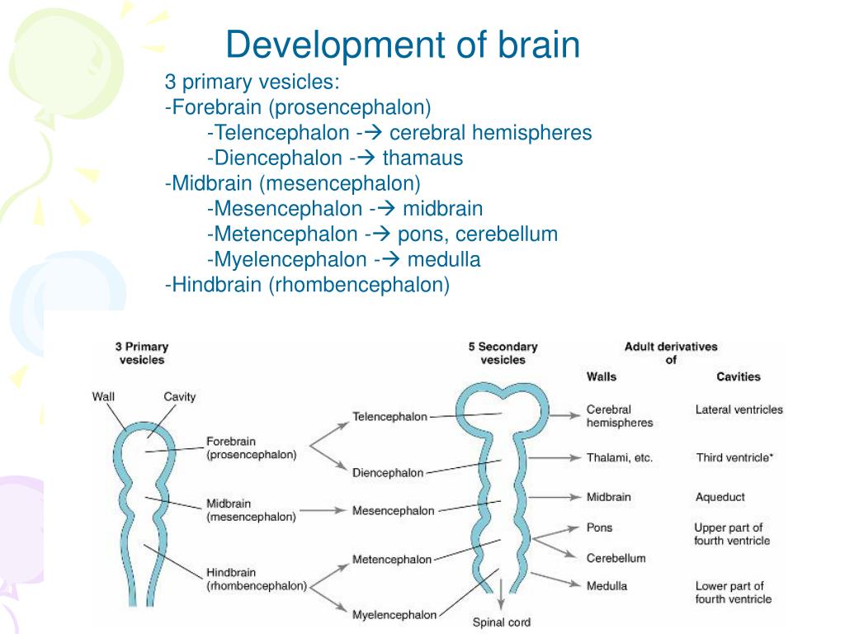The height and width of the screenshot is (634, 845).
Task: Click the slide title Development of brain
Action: [x=403, y=45]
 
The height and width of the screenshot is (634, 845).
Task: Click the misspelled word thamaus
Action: [x=428, y=158]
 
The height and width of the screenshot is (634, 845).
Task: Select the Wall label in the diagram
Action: [x=103, y=396]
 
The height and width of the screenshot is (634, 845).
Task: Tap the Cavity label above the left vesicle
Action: [x=179, y=396]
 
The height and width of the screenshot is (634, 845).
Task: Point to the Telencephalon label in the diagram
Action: [x=389, y=416]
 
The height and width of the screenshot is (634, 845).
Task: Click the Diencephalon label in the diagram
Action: [x=388, y=473]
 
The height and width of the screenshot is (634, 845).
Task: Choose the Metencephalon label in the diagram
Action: [x=392, y=559]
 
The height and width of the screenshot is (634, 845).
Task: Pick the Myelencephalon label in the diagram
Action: [x=394, y=615]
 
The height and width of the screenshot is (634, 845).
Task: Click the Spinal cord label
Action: [x=501, y=622]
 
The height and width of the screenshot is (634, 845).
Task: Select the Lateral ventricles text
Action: [x=739, y=409]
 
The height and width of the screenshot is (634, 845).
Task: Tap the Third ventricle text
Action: [x=734, y=457]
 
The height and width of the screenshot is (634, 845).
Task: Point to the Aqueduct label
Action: [x=720, y=497]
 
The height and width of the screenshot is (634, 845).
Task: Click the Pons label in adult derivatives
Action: [x=599, y=528]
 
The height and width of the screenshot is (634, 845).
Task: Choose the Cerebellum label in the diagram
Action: [x=616, y=558]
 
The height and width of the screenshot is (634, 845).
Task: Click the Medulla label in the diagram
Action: [x=607, y=586]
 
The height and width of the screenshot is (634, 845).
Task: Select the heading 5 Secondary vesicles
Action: [x=503, y=353]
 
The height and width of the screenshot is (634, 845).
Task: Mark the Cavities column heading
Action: [x=738, y=376]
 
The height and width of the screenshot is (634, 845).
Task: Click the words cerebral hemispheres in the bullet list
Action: [x=490, y=132]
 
